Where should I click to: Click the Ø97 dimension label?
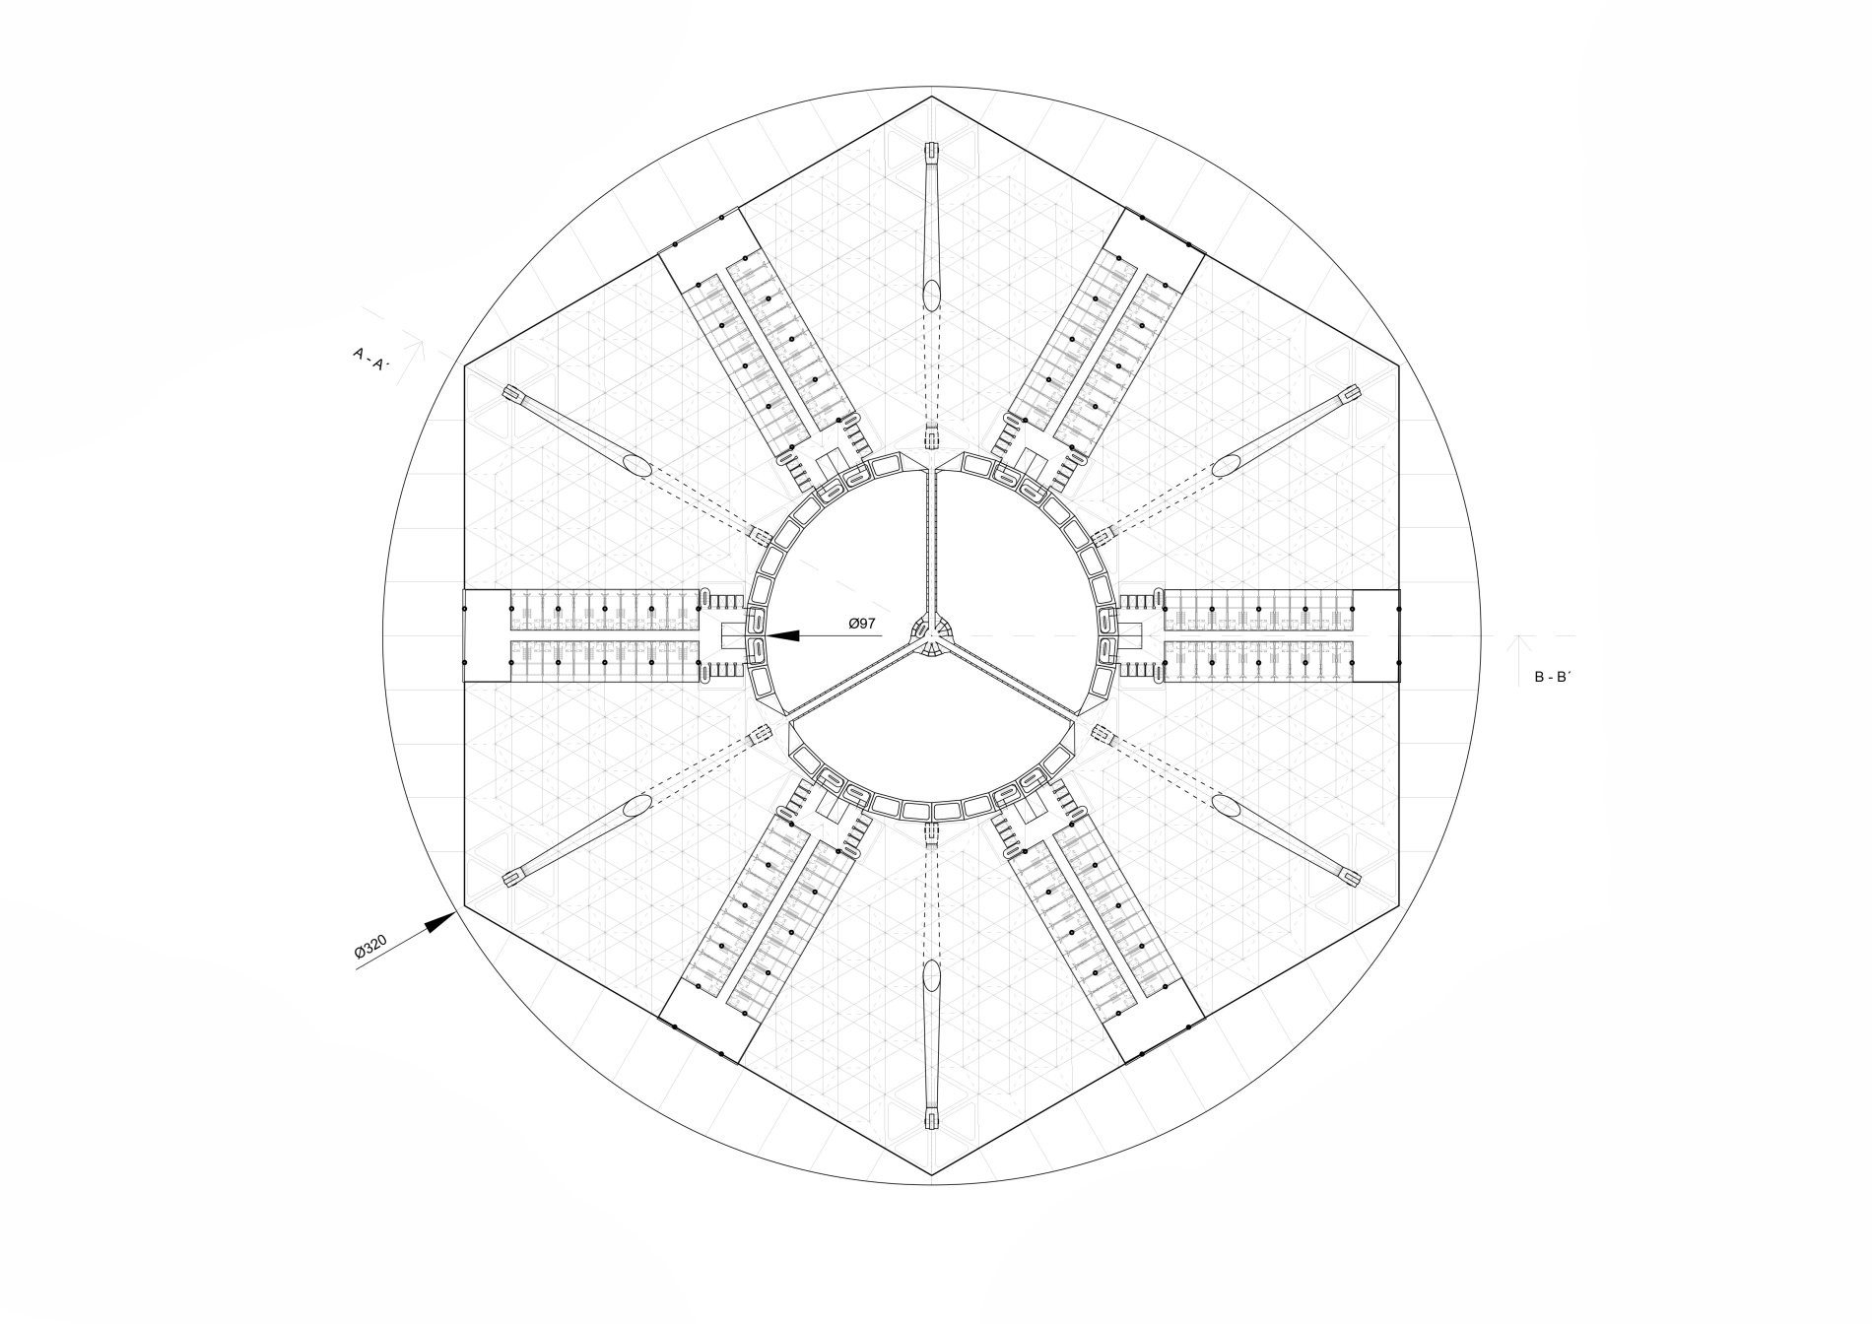[x=862, y=624]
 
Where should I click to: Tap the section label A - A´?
[x=371, y=357]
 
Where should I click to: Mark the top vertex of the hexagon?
[x=932, y=97]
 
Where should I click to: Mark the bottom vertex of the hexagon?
[x=932, y=1175]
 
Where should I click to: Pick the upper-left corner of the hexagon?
[x=465, y=366]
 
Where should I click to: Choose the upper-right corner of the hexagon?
[x=1399, y=366]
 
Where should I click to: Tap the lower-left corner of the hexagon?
[x=465, y=905]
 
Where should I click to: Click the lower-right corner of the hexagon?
[x=1399, y=905]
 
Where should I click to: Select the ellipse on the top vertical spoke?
[x=932, y=293]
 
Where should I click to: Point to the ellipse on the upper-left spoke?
[x=635, y=465]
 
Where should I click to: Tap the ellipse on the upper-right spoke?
[x=1228, y=465]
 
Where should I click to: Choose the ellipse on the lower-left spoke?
[x=635, y=807]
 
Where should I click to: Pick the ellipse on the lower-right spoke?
[x=1228, y=807]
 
